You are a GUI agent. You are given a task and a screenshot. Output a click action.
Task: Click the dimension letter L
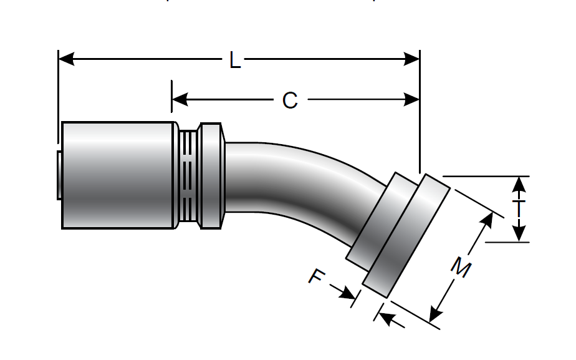235,60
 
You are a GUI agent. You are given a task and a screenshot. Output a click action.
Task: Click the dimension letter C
290,100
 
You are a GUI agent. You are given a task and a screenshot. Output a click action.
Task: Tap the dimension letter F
316,276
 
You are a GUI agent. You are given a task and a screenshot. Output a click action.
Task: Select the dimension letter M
461,266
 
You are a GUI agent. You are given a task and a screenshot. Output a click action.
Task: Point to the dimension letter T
518,208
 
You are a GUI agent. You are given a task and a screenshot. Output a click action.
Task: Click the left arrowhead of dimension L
67,59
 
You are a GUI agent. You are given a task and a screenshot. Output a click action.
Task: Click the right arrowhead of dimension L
411,59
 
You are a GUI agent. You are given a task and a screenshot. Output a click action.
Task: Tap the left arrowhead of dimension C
180,99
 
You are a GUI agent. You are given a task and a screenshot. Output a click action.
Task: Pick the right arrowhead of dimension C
411,99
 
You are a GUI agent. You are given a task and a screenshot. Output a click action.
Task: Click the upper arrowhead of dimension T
519,184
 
